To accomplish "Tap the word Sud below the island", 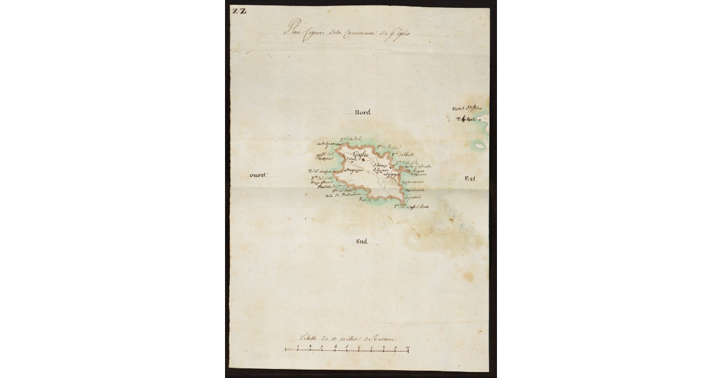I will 361,242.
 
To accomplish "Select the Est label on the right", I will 470,179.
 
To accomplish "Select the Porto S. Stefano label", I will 467,108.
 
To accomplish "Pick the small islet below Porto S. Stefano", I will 480,146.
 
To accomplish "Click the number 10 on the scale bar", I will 408,347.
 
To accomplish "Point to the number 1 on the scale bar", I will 297,347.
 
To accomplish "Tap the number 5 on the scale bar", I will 347,347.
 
